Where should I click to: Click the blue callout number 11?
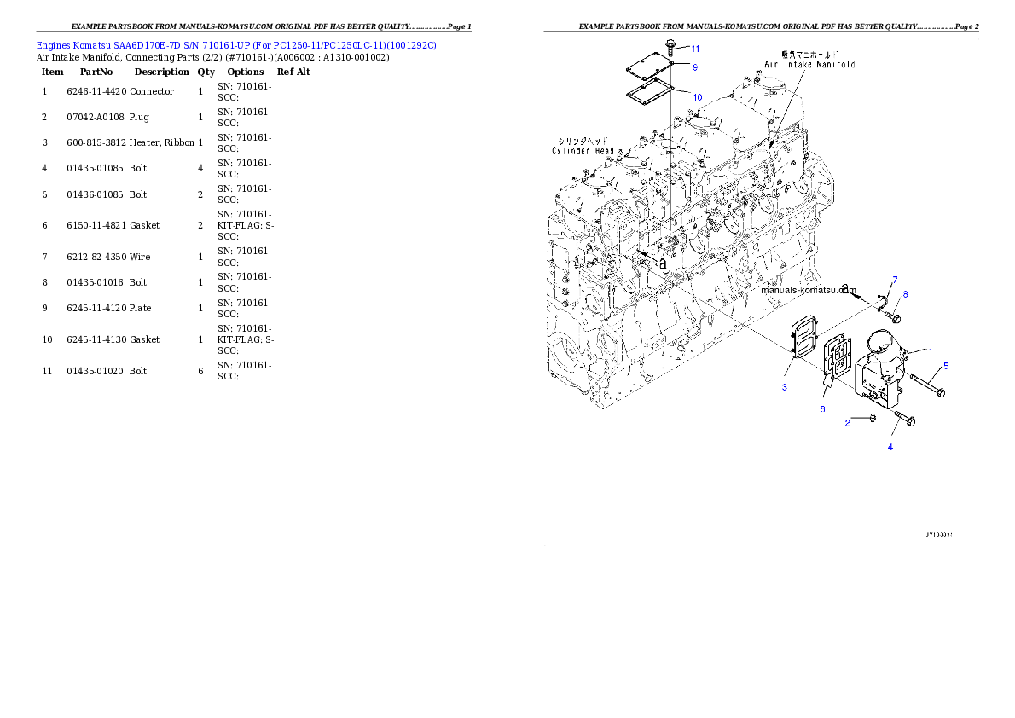click(695, 49)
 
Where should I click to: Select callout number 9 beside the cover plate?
click(694, 67)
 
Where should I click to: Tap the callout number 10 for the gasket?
click(697, 97)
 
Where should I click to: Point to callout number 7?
click(895, 280)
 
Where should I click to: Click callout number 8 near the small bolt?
click(905, 294)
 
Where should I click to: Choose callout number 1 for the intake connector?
click(931, 351)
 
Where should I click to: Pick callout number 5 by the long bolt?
click(945, 366)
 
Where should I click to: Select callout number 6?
click(822, 409)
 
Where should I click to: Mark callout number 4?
click(890, 447)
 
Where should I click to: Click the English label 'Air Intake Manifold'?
click(809, 64)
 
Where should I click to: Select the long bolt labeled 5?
click(925, 385)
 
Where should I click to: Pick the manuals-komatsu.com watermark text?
click(810, 290)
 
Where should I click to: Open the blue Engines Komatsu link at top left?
click(236, 44)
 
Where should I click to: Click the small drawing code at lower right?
click(938, 535)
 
